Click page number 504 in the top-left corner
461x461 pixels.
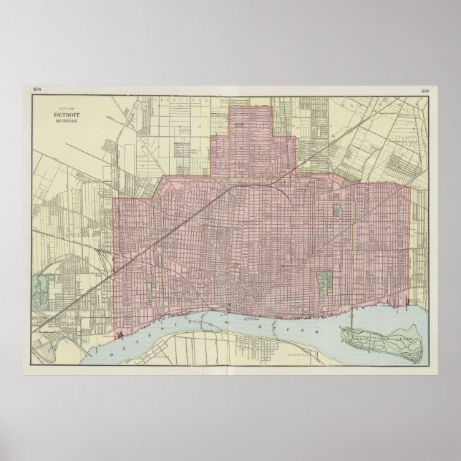coord(39,89)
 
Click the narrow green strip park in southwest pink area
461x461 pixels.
coord(148,289)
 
